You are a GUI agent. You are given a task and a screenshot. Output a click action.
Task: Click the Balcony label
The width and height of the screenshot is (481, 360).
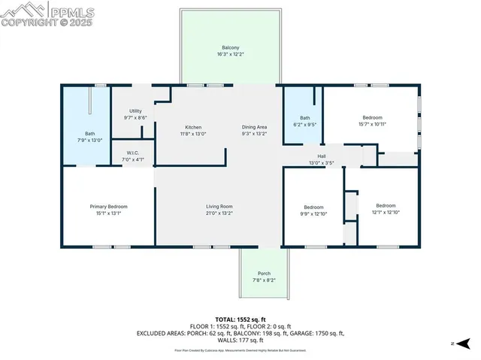pyautogui.click(x=231, y=47)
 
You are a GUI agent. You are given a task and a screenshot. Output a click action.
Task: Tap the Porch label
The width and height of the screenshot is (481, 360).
pyautogui.click(x=264, y=273)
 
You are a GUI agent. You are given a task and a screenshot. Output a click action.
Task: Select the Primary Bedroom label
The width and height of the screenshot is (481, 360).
pyautogui.click(x=109, y=206)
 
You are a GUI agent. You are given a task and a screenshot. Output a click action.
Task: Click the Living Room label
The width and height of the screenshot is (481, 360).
pyautogui.click(x=219, y=206)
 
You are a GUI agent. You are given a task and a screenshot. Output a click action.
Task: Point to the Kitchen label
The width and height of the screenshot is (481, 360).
pyautogui.click(x=194, y=127)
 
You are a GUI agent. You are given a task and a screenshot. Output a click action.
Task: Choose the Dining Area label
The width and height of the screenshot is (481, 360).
pyautogui.click(x=254, y=127)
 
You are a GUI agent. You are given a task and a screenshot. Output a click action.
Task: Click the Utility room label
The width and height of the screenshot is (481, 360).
pyautogui.click(x=135, y=110)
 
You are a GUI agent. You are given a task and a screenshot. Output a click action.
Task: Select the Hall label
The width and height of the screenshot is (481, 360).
pyautogui.click(x=321, y=156)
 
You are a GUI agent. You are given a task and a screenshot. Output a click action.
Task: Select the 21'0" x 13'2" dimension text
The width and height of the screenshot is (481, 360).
pyautogui.click(x=219, y=213)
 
